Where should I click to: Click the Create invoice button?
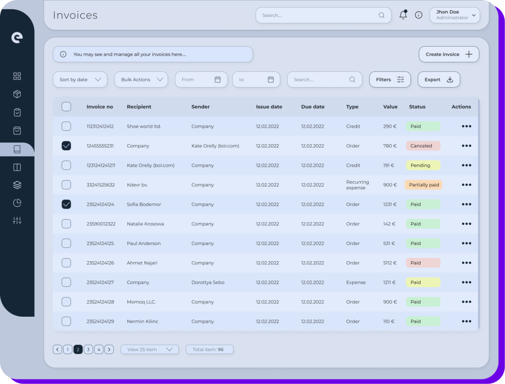coord(449,54)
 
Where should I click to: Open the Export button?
coord(439,79)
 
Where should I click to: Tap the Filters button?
coord(390,79)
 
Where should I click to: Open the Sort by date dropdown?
coord(80,79)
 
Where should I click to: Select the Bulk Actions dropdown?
coord(141,79)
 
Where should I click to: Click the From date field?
coord(201,79)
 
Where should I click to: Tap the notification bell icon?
coord(403,15)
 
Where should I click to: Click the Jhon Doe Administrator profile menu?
coord(454,15)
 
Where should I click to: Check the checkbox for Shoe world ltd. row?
coord(66,126)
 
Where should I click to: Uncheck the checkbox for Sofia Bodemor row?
coord(66,204)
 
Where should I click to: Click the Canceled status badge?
coord(423,146)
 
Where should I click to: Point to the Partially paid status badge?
coord(423,185)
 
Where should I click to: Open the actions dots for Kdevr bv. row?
coord(466,185)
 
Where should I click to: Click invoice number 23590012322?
coord(101,224)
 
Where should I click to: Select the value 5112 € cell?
coord(390,263)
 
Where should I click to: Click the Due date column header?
coord(313,107)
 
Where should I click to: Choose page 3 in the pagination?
coord(88,350)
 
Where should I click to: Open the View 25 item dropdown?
coord(150,350)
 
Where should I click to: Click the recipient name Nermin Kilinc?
coord(143,321)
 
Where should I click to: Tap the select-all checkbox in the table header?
coord(66,106)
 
